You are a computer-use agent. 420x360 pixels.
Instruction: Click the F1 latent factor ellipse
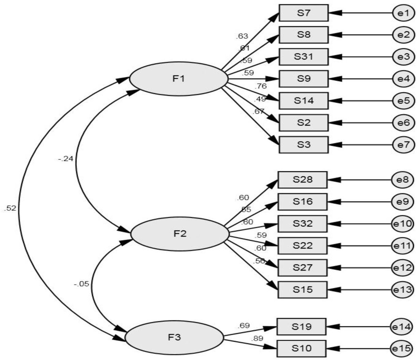pos(178,79)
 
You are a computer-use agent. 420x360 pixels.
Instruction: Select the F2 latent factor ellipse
pos(180,234)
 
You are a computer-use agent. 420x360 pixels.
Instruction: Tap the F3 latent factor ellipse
pos(174,338)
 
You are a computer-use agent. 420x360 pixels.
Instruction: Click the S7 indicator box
pos(303,13)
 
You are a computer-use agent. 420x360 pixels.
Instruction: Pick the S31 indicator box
pos(303,57)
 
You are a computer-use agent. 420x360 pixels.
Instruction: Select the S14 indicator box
pos(303,100)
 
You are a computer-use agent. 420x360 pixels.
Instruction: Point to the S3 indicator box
pos(303,144)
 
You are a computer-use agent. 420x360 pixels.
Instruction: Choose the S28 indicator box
pos(302,179)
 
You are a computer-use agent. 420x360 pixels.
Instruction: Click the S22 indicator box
pos(302,246)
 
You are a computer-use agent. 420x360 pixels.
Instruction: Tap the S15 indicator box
pos(302,289)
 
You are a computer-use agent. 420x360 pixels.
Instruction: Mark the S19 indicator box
pos(301,327)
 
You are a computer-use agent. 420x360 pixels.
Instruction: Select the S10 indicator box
pos(301,348)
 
